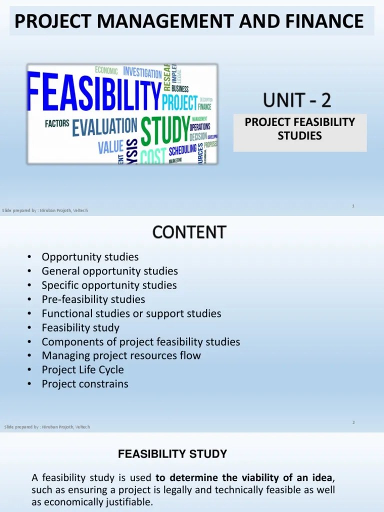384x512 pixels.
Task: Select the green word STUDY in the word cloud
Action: [165, 129]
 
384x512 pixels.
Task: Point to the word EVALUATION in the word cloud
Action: [104, 127]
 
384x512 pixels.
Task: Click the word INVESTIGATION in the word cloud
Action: [142, 72]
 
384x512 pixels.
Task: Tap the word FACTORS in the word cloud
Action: [57, 123]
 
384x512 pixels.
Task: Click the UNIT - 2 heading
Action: [297, 100]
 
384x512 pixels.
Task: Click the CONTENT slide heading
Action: [189, 232]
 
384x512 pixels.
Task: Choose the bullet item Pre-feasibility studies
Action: [93, 299]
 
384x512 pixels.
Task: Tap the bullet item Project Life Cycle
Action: [82, 370]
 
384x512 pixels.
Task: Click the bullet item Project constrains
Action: [85, 384]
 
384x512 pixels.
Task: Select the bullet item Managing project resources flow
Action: [121, 356]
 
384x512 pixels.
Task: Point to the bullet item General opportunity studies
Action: [109, 271]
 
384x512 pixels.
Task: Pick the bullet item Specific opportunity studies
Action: [109, 285]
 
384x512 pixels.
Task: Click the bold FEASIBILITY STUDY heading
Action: [172, 454]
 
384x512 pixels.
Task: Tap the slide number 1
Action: [353, 205]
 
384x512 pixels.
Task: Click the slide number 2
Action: [353, 422]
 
